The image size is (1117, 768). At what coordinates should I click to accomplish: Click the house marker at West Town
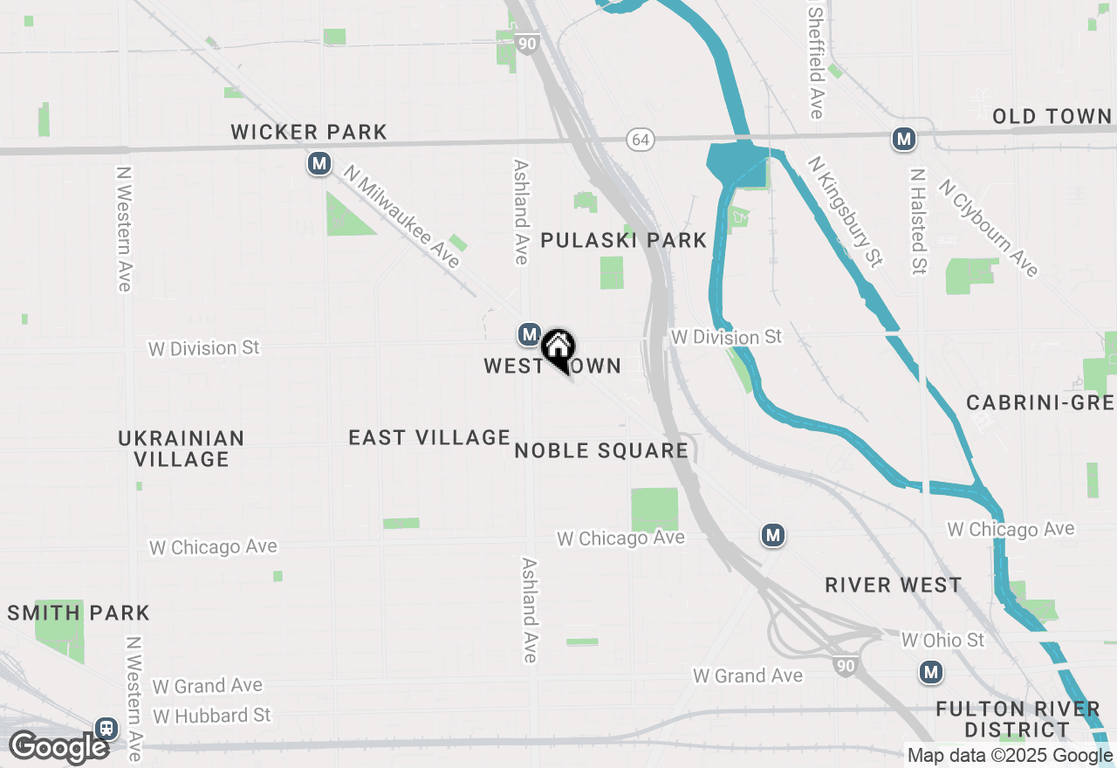click(558, 347)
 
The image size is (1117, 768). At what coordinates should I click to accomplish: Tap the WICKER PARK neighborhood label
click(309, 133)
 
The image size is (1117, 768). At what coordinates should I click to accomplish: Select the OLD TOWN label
click(1052, 117)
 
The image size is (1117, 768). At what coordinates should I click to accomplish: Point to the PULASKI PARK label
click(623, 241)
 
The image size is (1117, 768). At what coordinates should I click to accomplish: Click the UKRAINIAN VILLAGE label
click(182, 449)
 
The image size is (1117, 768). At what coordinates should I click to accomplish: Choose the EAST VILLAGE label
click(429, 437)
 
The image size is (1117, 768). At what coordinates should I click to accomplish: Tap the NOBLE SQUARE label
click(601, 451)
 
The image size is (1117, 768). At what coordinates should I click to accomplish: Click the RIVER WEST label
click(894, 586)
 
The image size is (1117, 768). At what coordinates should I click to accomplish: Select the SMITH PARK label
click(79, 614)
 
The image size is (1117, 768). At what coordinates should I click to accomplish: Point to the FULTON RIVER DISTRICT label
click(1017, 719)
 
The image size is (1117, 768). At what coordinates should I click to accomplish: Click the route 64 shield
click(641, 140)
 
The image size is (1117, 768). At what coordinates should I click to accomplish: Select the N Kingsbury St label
click(845, 211)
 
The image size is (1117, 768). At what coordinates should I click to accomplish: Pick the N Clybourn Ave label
click(989, 228)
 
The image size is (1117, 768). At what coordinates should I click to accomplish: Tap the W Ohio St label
click(942, 641)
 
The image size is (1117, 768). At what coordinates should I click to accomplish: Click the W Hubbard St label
click(212, 716)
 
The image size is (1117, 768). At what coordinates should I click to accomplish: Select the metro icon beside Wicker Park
click(319, 163)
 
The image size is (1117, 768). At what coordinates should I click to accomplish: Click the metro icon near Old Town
click(903, 139)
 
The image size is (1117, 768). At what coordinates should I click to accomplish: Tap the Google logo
click(59, 747)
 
